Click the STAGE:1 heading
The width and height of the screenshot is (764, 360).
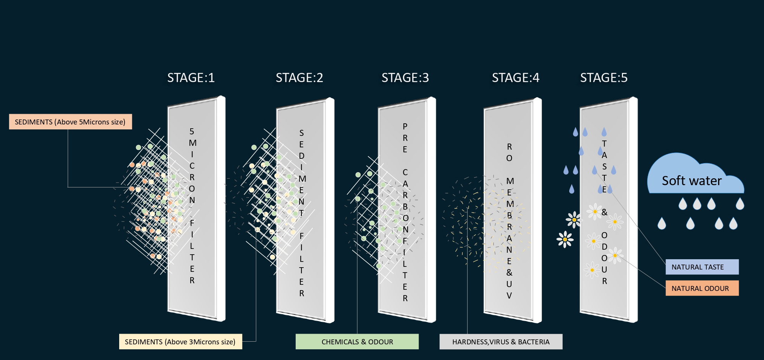point(191,78)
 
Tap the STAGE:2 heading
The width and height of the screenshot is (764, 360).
point(299,78)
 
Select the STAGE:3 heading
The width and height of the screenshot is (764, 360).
point(405,78)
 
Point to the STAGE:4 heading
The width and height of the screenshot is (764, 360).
point(516,78)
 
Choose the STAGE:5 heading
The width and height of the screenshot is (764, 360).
point(604,78)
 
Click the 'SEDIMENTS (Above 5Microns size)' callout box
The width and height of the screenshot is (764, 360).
point(70,122)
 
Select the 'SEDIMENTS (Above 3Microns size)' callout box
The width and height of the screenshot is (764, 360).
point(180,342)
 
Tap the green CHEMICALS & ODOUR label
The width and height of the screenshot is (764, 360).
point(357,342)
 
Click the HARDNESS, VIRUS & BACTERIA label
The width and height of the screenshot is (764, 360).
point(501,342)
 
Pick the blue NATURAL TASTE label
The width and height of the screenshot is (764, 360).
point(702,267)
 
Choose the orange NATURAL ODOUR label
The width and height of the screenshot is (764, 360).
point(702,288)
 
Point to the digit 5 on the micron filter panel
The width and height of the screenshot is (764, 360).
point(192,132)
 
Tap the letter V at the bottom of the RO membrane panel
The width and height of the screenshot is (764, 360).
point(509,295)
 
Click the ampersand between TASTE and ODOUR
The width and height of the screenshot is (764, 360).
point(604,212)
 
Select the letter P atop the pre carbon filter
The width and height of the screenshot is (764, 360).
point(405,126)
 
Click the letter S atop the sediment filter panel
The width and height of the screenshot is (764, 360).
point(301,133)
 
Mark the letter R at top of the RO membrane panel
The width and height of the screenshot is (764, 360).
point(509,147)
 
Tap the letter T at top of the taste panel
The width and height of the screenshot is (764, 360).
point(604,144)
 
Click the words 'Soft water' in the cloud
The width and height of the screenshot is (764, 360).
point(692,181)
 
